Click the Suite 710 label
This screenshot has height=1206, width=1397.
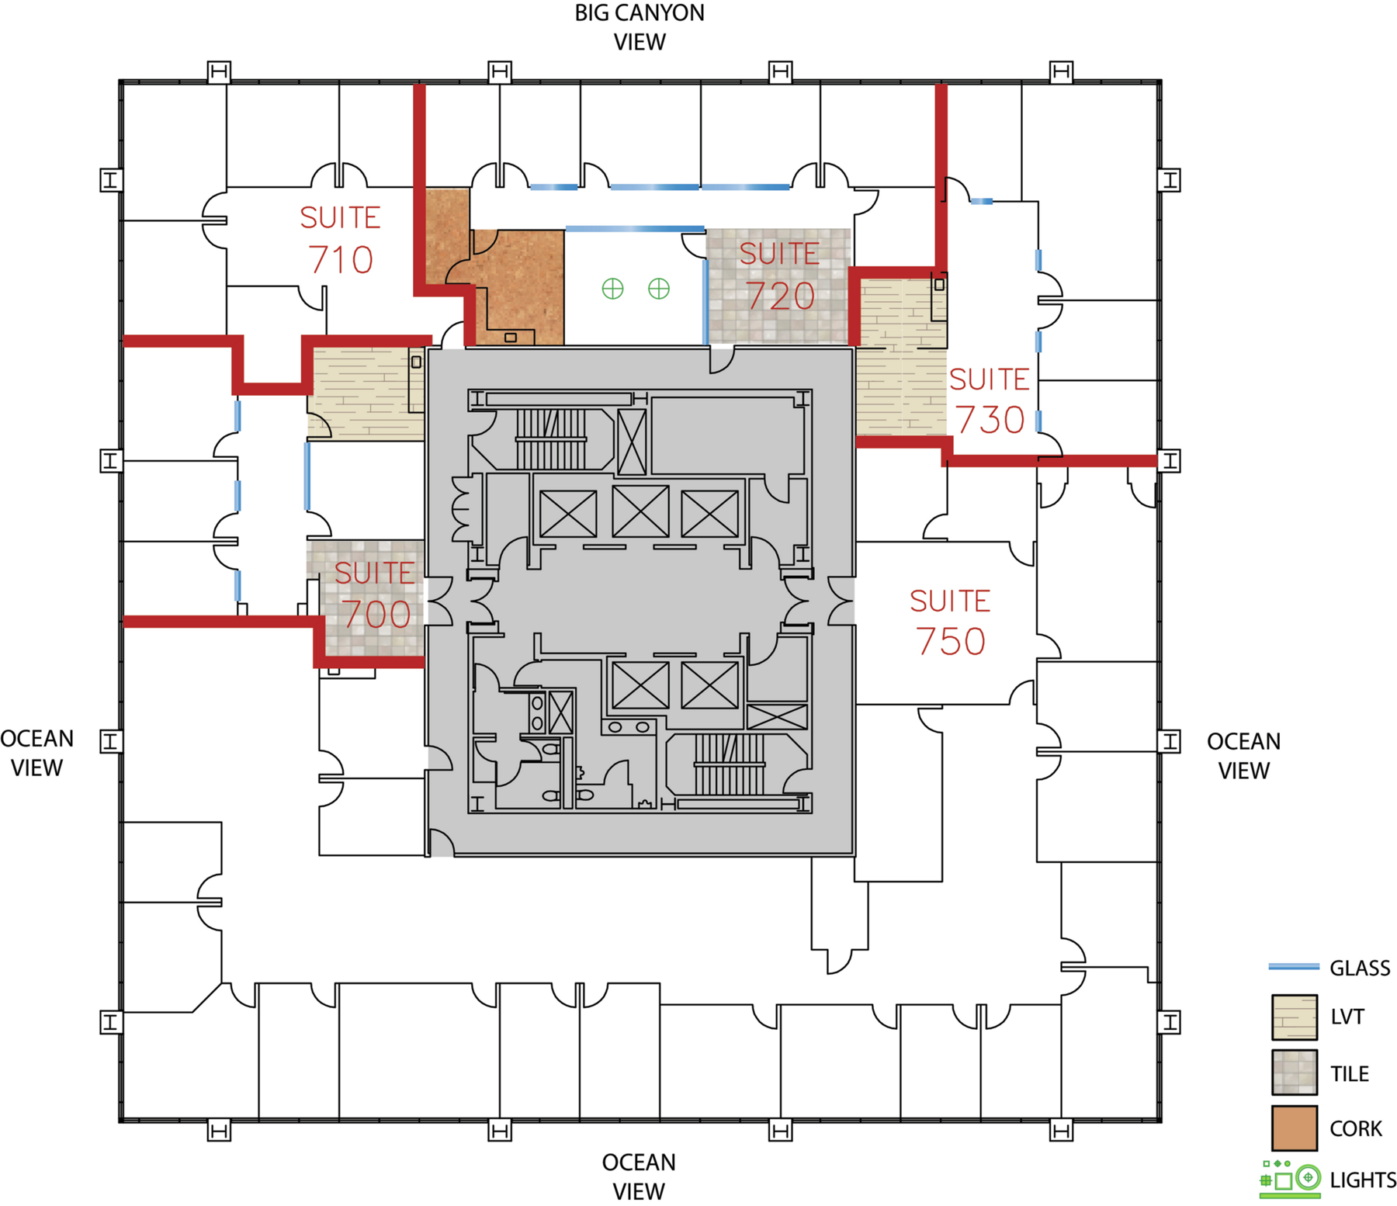coord(340,239)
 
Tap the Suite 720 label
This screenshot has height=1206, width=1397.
coord(779,276)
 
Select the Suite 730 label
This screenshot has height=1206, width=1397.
coord(990,400)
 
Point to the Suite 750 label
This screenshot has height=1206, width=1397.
coord(950,622)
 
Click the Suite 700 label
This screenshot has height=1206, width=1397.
coord(375,594)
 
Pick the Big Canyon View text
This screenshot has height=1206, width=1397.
coord(640,27)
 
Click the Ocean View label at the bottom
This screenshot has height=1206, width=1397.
coord(639,1177)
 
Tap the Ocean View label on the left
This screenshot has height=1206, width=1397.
coord(37,753)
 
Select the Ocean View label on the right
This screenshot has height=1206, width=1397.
coord(1243,756)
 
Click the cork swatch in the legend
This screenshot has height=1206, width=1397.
coord(1295,1128)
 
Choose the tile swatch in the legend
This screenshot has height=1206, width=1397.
coord(1295,1073)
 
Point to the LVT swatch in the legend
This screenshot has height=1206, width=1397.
coord(1295,1017)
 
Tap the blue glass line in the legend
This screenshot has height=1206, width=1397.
coord(1294,967)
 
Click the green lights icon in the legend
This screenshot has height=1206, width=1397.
coord(1290,1179)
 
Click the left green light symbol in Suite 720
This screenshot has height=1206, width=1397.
coord(613,289)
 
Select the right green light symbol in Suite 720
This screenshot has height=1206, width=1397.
coord(659,289)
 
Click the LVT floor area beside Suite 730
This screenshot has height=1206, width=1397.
coord(900,357)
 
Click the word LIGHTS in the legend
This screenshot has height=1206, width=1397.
coord(1363,1180)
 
